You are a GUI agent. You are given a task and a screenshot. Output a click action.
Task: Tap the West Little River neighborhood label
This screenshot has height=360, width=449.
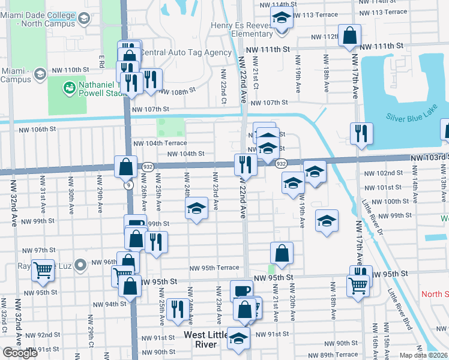[x=206, y=339]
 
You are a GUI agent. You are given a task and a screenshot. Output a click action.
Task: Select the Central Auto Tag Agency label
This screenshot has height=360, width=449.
[x=185, y=53]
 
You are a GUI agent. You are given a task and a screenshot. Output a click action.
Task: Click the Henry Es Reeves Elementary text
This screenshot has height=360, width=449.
[x=243, y=29]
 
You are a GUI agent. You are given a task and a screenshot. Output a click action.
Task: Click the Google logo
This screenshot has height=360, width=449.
[x=20, y=353]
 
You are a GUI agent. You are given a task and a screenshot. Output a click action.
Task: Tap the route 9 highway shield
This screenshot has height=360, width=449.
[x=129, y=185]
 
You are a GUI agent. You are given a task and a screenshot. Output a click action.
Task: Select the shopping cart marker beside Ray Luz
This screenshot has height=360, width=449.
[x=43, y=271]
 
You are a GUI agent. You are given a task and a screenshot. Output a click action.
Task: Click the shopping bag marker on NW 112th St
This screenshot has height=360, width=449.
[x=349, y=36]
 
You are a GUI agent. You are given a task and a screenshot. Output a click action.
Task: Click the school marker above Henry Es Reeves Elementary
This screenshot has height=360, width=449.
[x=281, y=19]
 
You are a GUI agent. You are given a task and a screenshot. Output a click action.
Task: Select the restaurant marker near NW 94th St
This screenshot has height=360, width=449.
[x=176, y=309]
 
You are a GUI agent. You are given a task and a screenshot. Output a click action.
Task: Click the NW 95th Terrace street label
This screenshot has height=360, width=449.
[x=214, y=268]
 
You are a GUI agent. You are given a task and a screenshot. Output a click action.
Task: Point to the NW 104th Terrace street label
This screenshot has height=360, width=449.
[x=160, y=143]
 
